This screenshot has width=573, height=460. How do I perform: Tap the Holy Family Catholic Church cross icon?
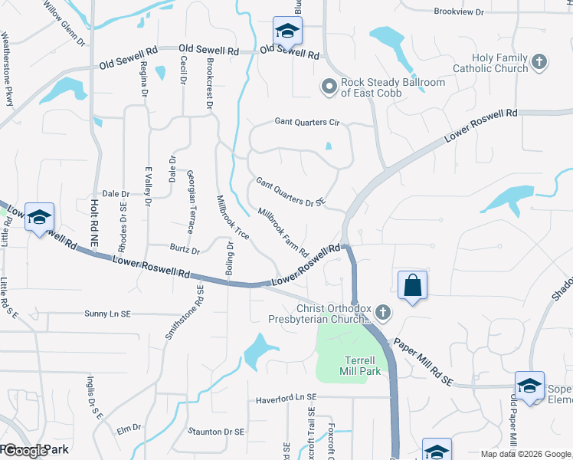pyautogui.click(x=539, y=62)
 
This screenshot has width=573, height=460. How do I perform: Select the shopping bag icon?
pyautogui.click(x=413, y=285)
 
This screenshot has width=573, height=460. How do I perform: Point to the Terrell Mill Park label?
pyautogui.click(x=359, y=366)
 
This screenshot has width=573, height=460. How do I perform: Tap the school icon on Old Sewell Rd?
pyautogui.click(x=287, y=31)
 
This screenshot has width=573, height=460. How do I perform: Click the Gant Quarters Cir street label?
pyautogui.click(x=306, y=123)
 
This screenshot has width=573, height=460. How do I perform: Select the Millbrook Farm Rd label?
pyautogui.click(x=283, y=232)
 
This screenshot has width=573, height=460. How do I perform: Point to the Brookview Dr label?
pyautogui.click(x=459, y=12)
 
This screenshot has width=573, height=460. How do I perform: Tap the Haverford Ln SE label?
pyautogui.click(x=286, y=399)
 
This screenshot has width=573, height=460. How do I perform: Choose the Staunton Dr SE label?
pyautogui.click(x=216, y=432)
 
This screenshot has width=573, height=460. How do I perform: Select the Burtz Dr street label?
pyautogui.click(x=185, y=250)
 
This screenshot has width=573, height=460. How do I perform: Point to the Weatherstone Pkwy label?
pyautogui.click(x=8, y=69)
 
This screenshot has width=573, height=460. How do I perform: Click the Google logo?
pyautogui.click(x=25, y=451)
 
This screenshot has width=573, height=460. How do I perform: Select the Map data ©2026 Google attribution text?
pyautogui.click(x=525, y=454)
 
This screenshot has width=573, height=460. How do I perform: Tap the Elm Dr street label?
pyautogui.click(x=129, y=428)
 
